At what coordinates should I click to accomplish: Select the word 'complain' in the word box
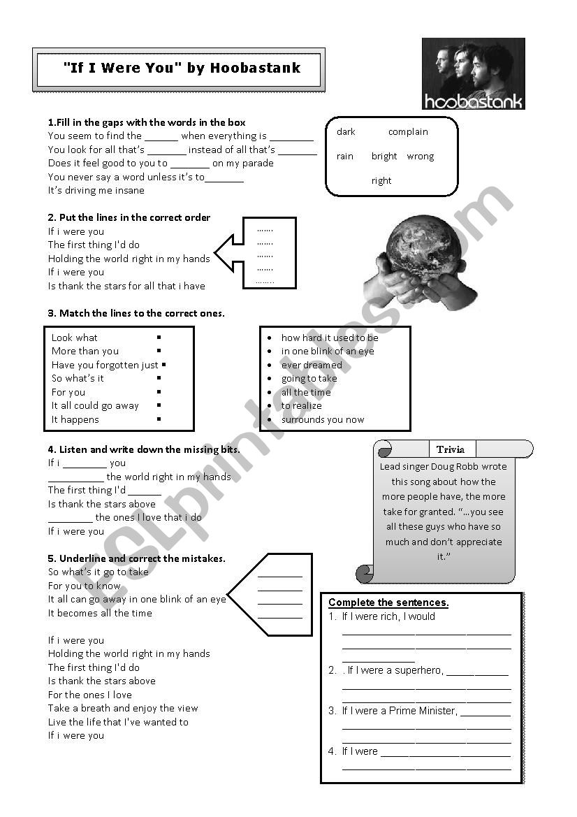click(x=408, y=132)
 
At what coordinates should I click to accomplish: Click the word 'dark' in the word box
click(x=346, y=132)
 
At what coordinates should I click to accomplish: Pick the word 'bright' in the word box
click(x=384, y=157)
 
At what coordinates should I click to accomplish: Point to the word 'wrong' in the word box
click(x=421, y=157)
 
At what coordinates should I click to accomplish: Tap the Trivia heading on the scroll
click(x=451, y=449)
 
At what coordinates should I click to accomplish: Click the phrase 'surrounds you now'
click(x=323, y=419)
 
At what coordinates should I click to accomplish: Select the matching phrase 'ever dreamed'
click(x=312, y=365)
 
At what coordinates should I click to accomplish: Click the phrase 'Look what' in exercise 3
click(x=75, y=338)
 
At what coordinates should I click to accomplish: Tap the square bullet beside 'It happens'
click(x=159, y=419)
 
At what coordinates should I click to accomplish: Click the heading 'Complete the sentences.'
click(x=388, y=602)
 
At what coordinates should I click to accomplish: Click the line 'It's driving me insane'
click(x=96, y=190)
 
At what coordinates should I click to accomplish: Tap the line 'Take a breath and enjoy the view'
click(x=123, y=708)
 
